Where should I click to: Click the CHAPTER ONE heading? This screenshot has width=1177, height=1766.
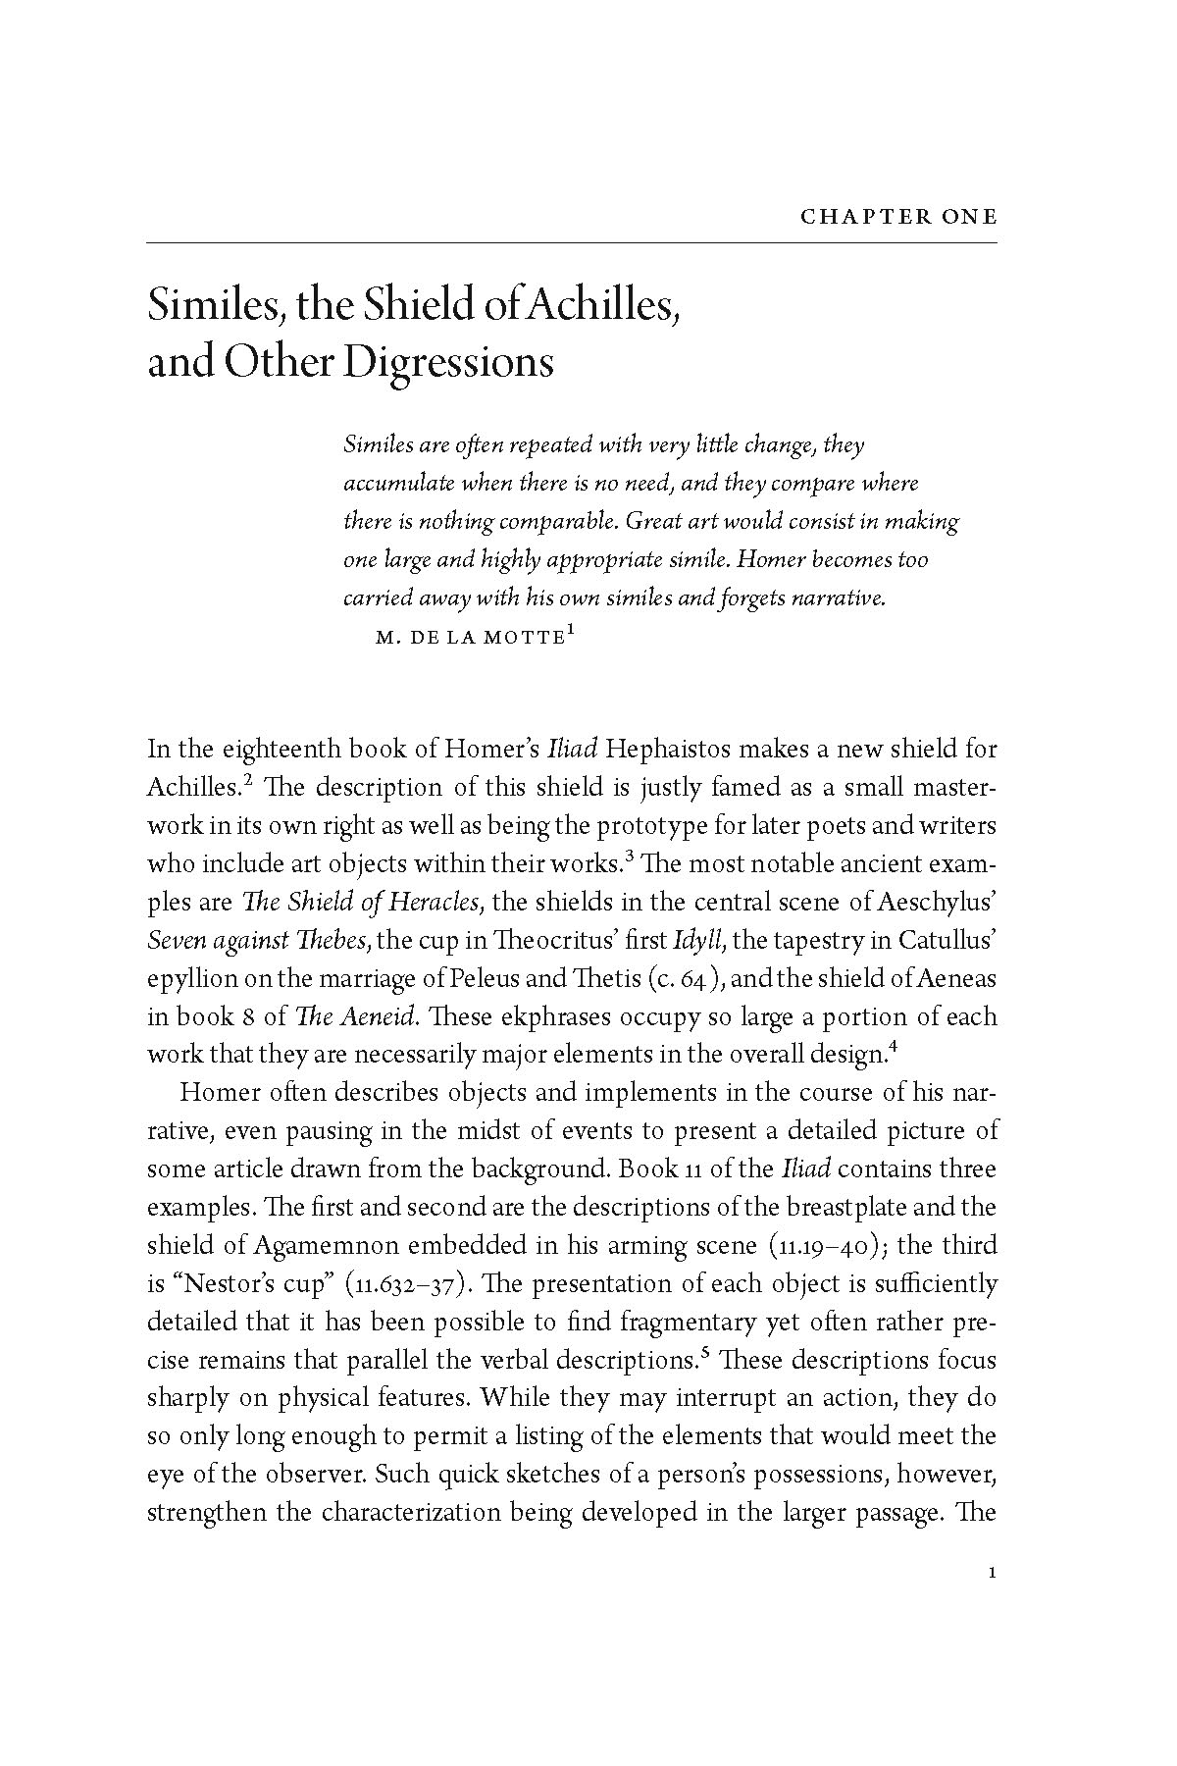898,217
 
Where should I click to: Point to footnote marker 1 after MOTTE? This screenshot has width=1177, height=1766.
570,633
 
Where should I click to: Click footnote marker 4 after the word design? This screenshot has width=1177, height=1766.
892,1047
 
